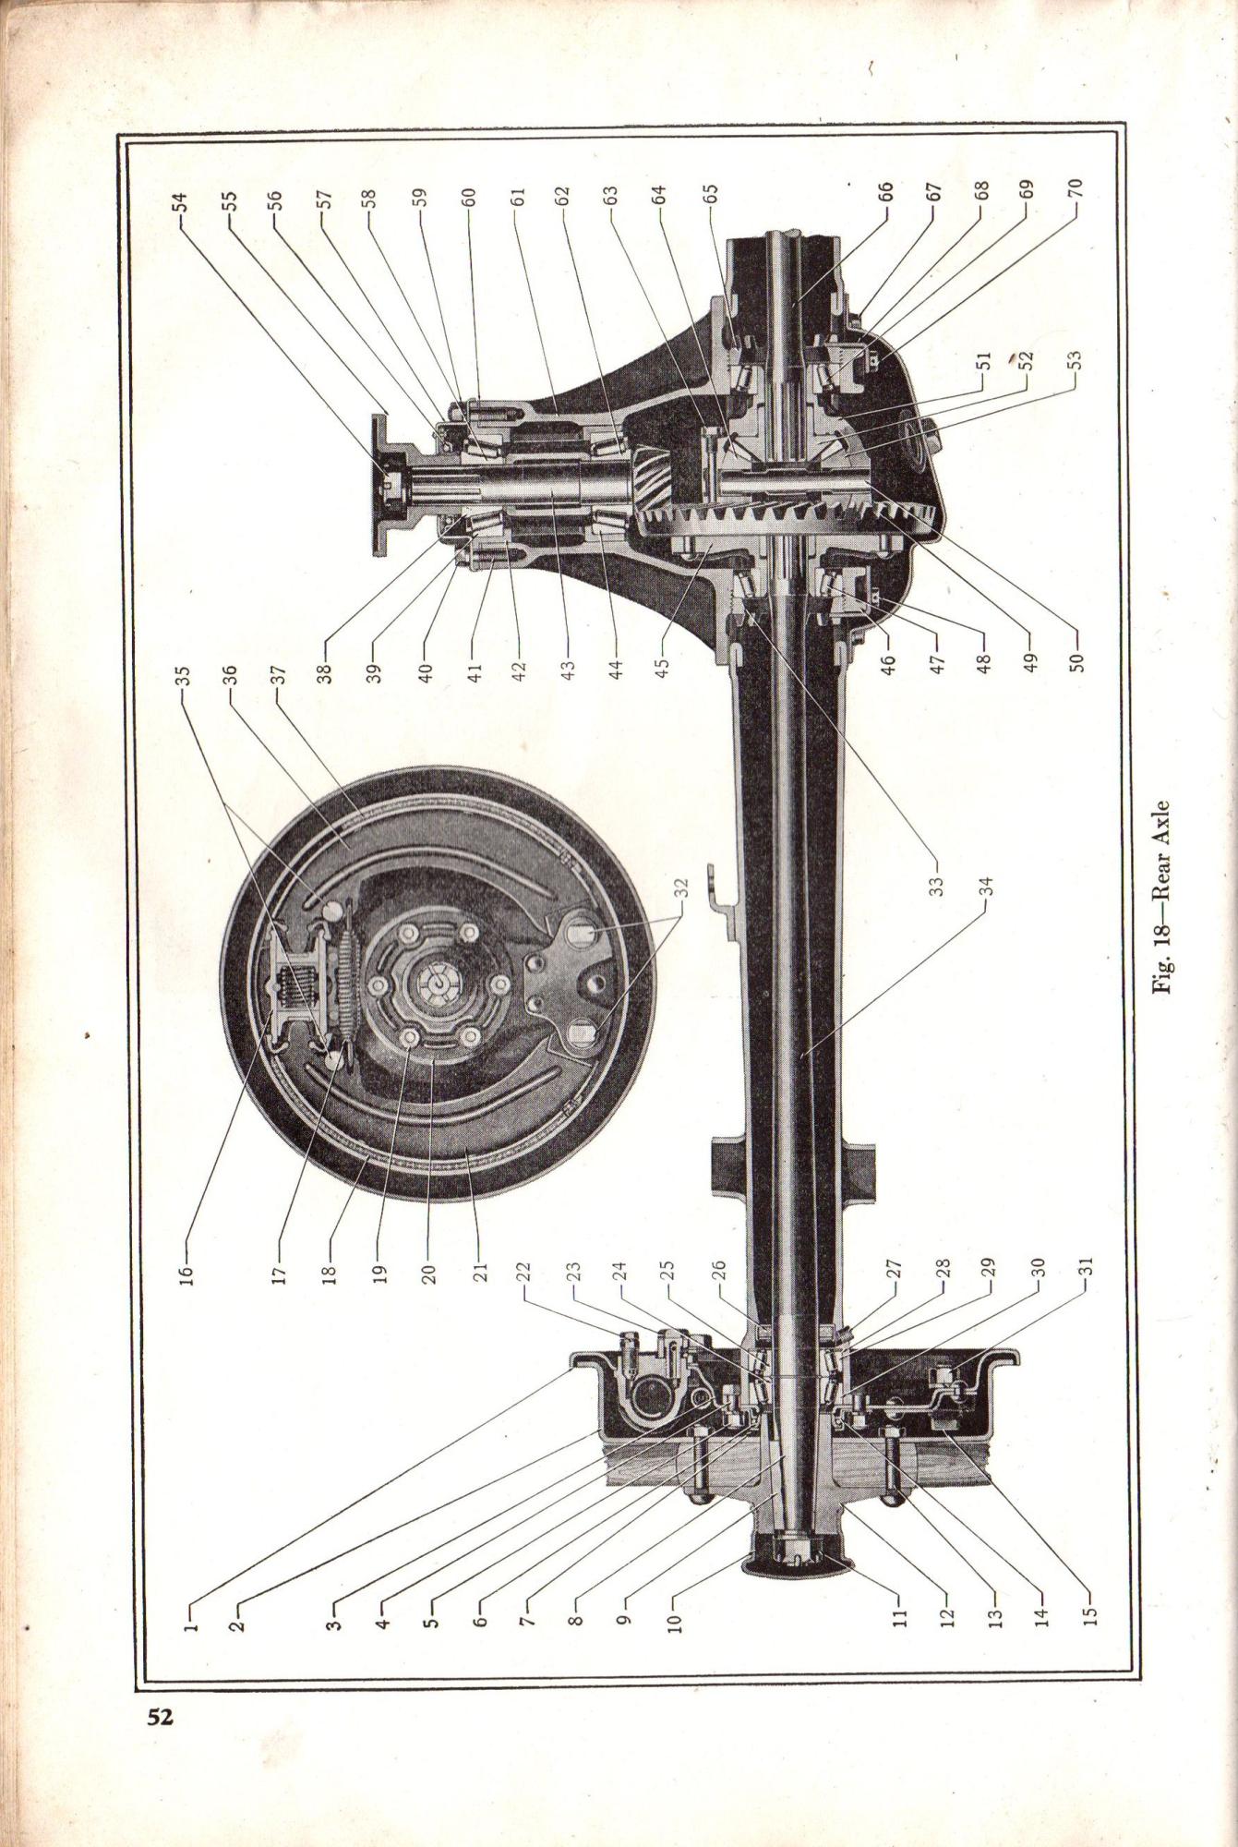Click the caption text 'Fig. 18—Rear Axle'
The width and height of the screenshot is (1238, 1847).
coord(1162,897)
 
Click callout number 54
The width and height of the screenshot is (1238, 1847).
coord(180,202)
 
